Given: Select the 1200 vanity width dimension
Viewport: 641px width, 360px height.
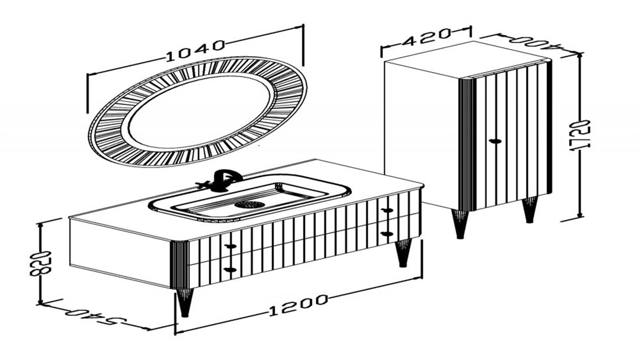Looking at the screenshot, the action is click(x=298, y=306).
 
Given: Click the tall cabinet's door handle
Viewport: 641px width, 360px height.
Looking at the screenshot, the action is click(x=495, y=141).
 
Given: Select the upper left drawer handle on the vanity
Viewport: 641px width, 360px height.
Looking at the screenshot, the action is click(x=230, y=246).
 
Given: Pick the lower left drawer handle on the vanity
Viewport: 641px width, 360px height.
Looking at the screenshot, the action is click(x=230, y=270).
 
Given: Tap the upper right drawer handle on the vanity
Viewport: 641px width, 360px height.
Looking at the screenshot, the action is click(x=387, y=210).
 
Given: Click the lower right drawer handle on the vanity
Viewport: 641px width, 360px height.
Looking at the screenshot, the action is click(x=387, y=234).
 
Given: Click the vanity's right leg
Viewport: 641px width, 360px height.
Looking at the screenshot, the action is click(x=403, y=253).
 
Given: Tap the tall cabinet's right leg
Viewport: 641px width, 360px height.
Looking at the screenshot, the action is click(x=529, y=210).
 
